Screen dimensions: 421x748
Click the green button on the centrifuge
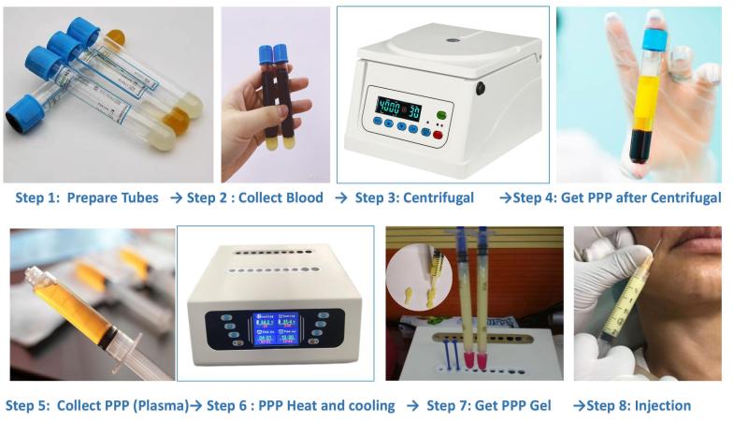point(441,115)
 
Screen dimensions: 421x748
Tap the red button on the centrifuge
point(437,135)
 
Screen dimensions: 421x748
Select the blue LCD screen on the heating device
point(276,328)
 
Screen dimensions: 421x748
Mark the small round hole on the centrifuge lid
point(453,40)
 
